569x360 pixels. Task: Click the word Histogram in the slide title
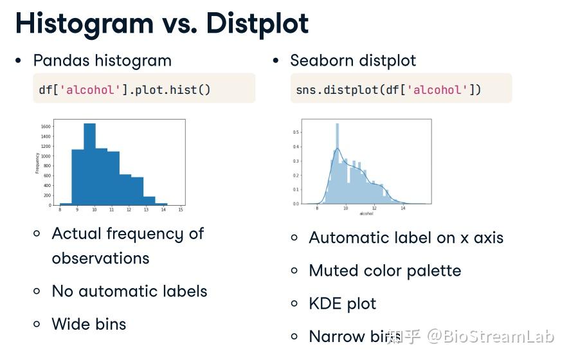[x=84, y=24]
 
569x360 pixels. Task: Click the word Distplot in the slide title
[x=257, y=24]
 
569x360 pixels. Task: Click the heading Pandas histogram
[x=102, y=61]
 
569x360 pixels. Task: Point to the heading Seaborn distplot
[x=353, y=61]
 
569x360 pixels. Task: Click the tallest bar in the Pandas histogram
[x=89, y=164]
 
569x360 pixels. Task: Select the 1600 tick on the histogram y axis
[x=46, y=127]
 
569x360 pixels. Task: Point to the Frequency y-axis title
[x=37, y=163]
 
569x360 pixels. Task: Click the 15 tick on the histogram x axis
[x=181, y=210]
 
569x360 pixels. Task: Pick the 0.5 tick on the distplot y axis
[x=296, y=132]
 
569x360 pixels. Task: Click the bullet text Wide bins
[x=89, y=324]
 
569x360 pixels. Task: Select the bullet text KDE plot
[x=342, y=303]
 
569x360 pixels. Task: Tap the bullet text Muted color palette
[x=384, y=271]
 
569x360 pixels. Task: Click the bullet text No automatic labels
[x=129, y=291]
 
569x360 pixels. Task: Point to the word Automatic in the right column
[x=347, y=238]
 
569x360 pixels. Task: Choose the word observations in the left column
[x=100, y=258]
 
